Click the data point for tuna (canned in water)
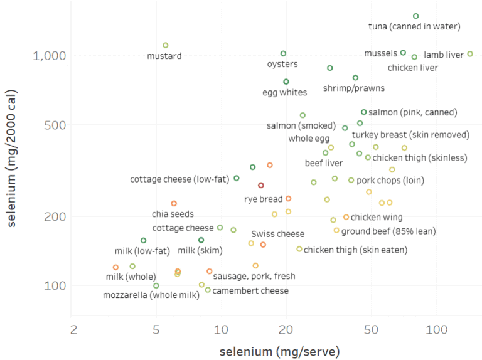click(415, 16)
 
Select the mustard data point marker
click(166, 45)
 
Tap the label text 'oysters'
click(282, 64)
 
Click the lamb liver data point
click(470, 54)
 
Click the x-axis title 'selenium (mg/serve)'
click(279, 351)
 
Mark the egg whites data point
click(286, 82)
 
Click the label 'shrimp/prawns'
click(354, 88)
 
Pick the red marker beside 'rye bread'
click(261, 186)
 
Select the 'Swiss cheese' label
click(277, 234)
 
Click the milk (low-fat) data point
click(143, 240)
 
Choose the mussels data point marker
click(403, 53)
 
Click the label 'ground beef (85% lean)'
click(388, 231)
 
